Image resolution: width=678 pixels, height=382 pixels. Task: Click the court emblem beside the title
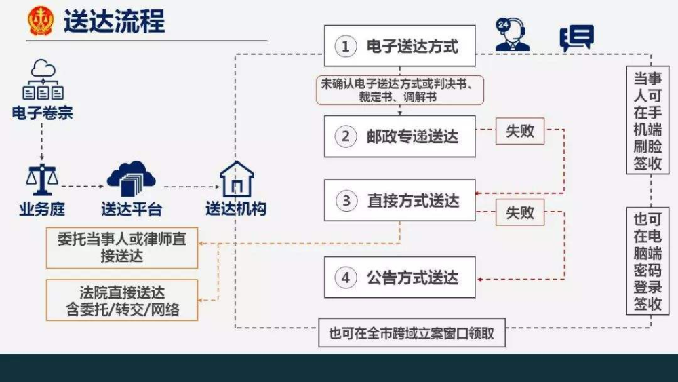click(40, 20)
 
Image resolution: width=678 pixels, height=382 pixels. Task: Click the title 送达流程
click(114, 21)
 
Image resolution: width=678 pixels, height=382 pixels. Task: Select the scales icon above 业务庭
click(41, 180)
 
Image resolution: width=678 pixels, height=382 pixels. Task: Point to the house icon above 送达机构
click(237, 179)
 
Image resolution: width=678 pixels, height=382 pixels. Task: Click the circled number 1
click(346, 46)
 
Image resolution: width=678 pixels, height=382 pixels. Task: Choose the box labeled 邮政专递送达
click(399, 136)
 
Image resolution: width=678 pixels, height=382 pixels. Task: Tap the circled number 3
click(346, 201)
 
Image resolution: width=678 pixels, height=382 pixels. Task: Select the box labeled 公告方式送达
click(399, 278)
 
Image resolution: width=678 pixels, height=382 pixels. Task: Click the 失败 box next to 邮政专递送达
click(520, 131)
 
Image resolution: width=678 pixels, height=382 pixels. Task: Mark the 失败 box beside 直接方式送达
click(520, 212)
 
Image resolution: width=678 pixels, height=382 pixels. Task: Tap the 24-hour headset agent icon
click(512, 35)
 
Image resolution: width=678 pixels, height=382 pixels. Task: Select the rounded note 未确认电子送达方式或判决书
click(400, 90)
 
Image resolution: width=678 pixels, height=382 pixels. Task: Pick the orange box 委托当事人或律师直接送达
click(122, 248)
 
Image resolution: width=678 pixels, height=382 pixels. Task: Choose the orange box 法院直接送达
click(122, 300)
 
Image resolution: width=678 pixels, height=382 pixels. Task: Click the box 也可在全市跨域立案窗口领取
click(412, 332)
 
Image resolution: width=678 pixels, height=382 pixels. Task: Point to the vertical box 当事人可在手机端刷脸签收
click(647, 120)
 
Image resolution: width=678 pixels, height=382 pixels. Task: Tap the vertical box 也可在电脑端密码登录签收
click(647, 261)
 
